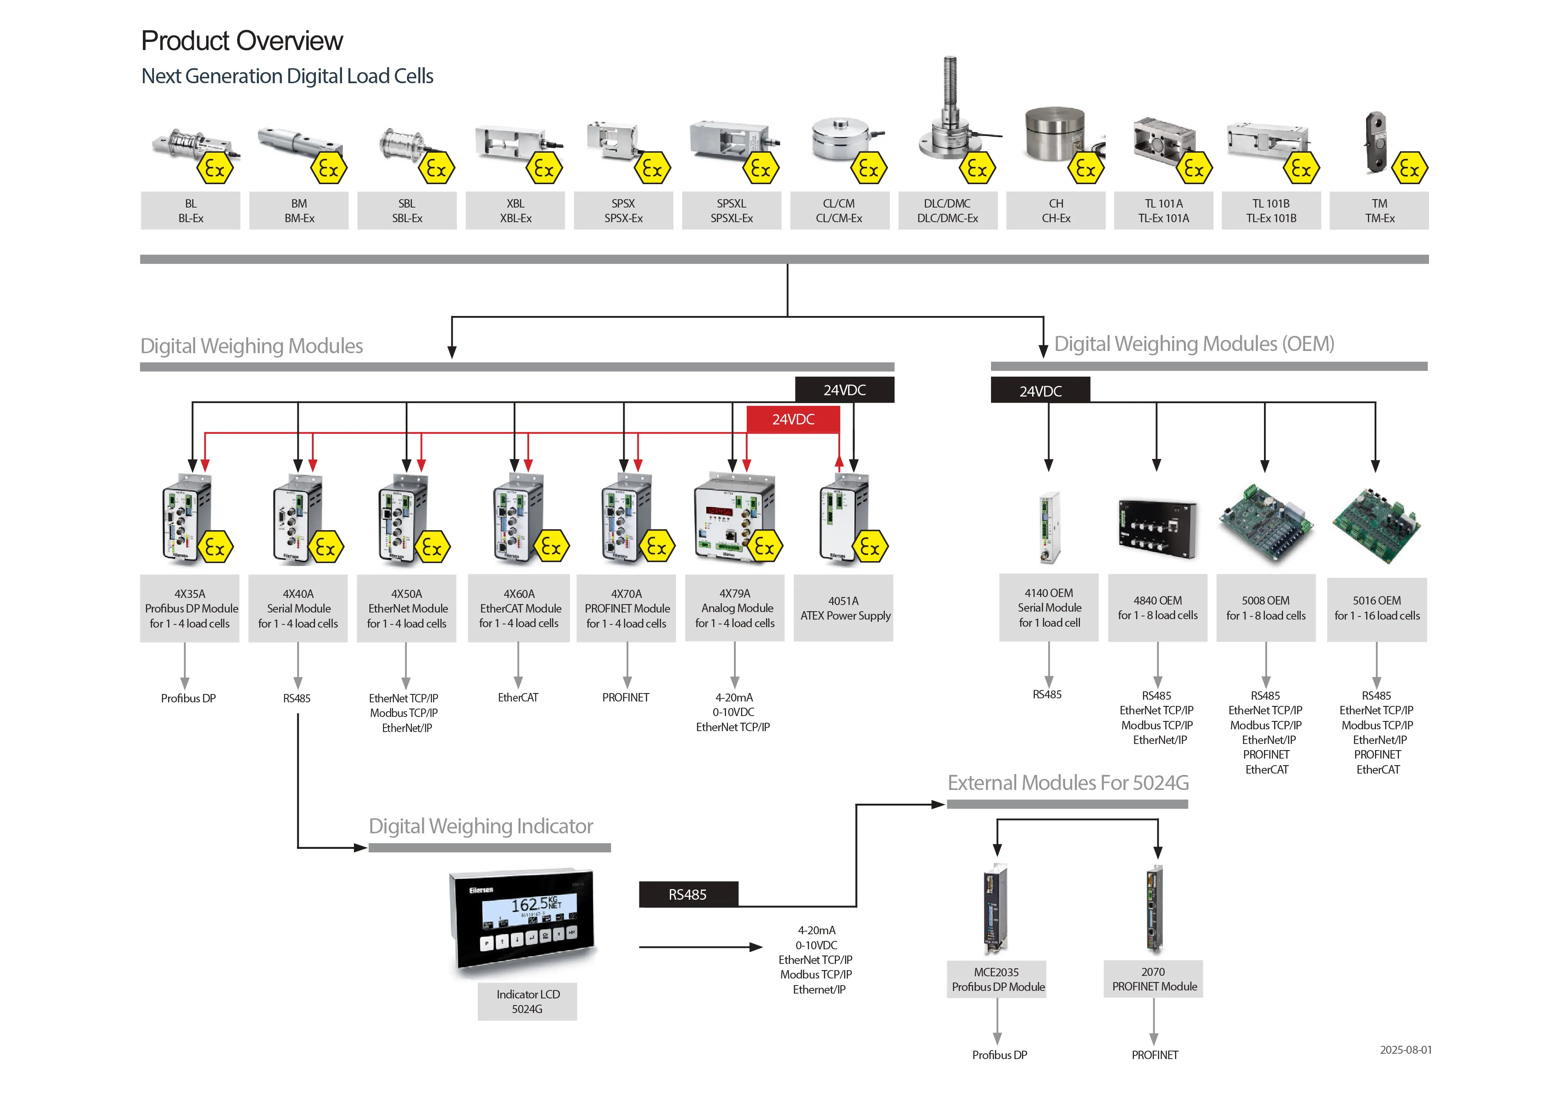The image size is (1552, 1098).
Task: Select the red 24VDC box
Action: (x=793, y=419)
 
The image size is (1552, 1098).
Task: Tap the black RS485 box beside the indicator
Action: (x=688, y=894)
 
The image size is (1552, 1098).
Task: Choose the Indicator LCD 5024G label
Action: (x=527, y=1002)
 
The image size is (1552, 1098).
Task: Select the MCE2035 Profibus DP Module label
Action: (x=997, y=979)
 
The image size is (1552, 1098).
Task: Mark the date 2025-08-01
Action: (x=1405, y=1050)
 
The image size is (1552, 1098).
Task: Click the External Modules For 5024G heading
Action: (x=1068, y=783)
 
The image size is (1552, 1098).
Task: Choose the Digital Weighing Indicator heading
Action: (x=480, y=826)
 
